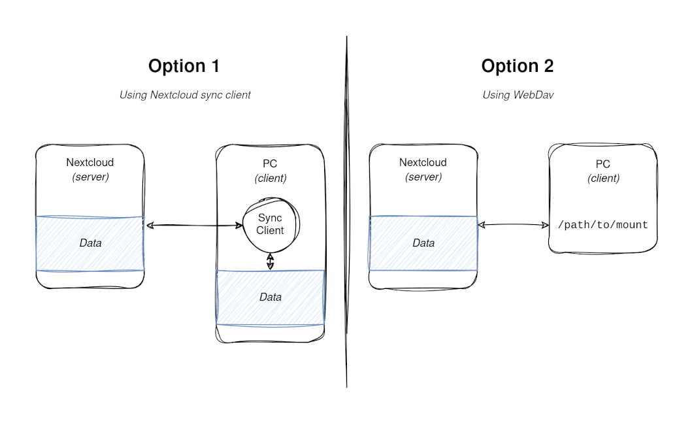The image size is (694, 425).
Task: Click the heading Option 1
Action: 184,66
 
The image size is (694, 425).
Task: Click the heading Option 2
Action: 517,66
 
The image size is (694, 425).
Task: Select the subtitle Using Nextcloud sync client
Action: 185,95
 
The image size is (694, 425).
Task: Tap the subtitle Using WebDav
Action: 518,95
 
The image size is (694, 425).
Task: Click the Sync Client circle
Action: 271,224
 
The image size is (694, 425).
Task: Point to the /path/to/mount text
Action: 603,225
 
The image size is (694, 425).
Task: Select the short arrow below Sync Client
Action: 270,262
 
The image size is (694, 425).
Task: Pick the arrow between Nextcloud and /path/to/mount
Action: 513,225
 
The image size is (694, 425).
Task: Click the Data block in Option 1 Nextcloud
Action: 90,243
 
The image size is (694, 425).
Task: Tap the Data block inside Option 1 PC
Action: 270,297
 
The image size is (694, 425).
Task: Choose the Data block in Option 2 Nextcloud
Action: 423,243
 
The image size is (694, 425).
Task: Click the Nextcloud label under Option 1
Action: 90,163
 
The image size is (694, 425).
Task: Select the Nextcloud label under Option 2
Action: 423,163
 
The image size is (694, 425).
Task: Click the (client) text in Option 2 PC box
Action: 603,178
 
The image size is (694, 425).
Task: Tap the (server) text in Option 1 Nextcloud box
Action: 90,177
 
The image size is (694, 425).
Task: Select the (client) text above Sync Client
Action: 270,178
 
